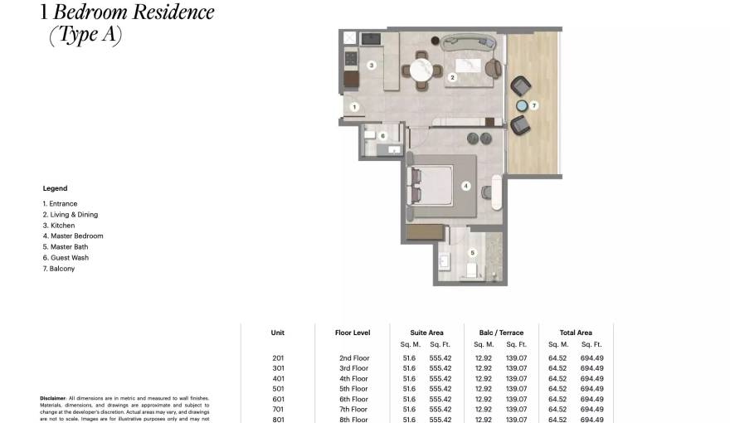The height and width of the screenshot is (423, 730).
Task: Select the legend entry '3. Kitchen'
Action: tap(59, 225)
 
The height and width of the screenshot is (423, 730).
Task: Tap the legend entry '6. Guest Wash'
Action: tap(66, 257)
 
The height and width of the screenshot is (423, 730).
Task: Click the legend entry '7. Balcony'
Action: tap(59, 268)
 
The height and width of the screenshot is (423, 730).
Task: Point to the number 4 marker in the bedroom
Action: tap(466, 187)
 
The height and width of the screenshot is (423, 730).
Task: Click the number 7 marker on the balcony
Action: tap(535, 105)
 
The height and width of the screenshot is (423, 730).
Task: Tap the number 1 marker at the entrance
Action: tap(353, 106)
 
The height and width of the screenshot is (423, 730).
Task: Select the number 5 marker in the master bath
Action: tap(473, 253)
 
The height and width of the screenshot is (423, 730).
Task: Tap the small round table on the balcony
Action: tap(523, 105)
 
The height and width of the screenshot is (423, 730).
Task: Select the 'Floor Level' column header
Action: tap(353, 333)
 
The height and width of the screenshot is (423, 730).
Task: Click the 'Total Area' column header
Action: tap(576, 333)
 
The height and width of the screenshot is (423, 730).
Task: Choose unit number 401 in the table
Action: tap(278, 378)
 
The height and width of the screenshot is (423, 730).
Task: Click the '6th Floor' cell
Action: tap(353, 399)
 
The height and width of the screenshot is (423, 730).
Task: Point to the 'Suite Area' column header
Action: tap(426, 333)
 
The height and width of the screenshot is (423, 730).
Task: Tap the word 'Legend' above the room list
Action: tap(55, 188)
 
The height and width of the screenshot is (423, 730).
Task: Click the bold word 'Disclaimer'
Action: tap(53, 398)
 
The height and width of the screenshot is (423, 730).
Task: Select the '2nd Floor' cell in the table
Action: tap(353, 357)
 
